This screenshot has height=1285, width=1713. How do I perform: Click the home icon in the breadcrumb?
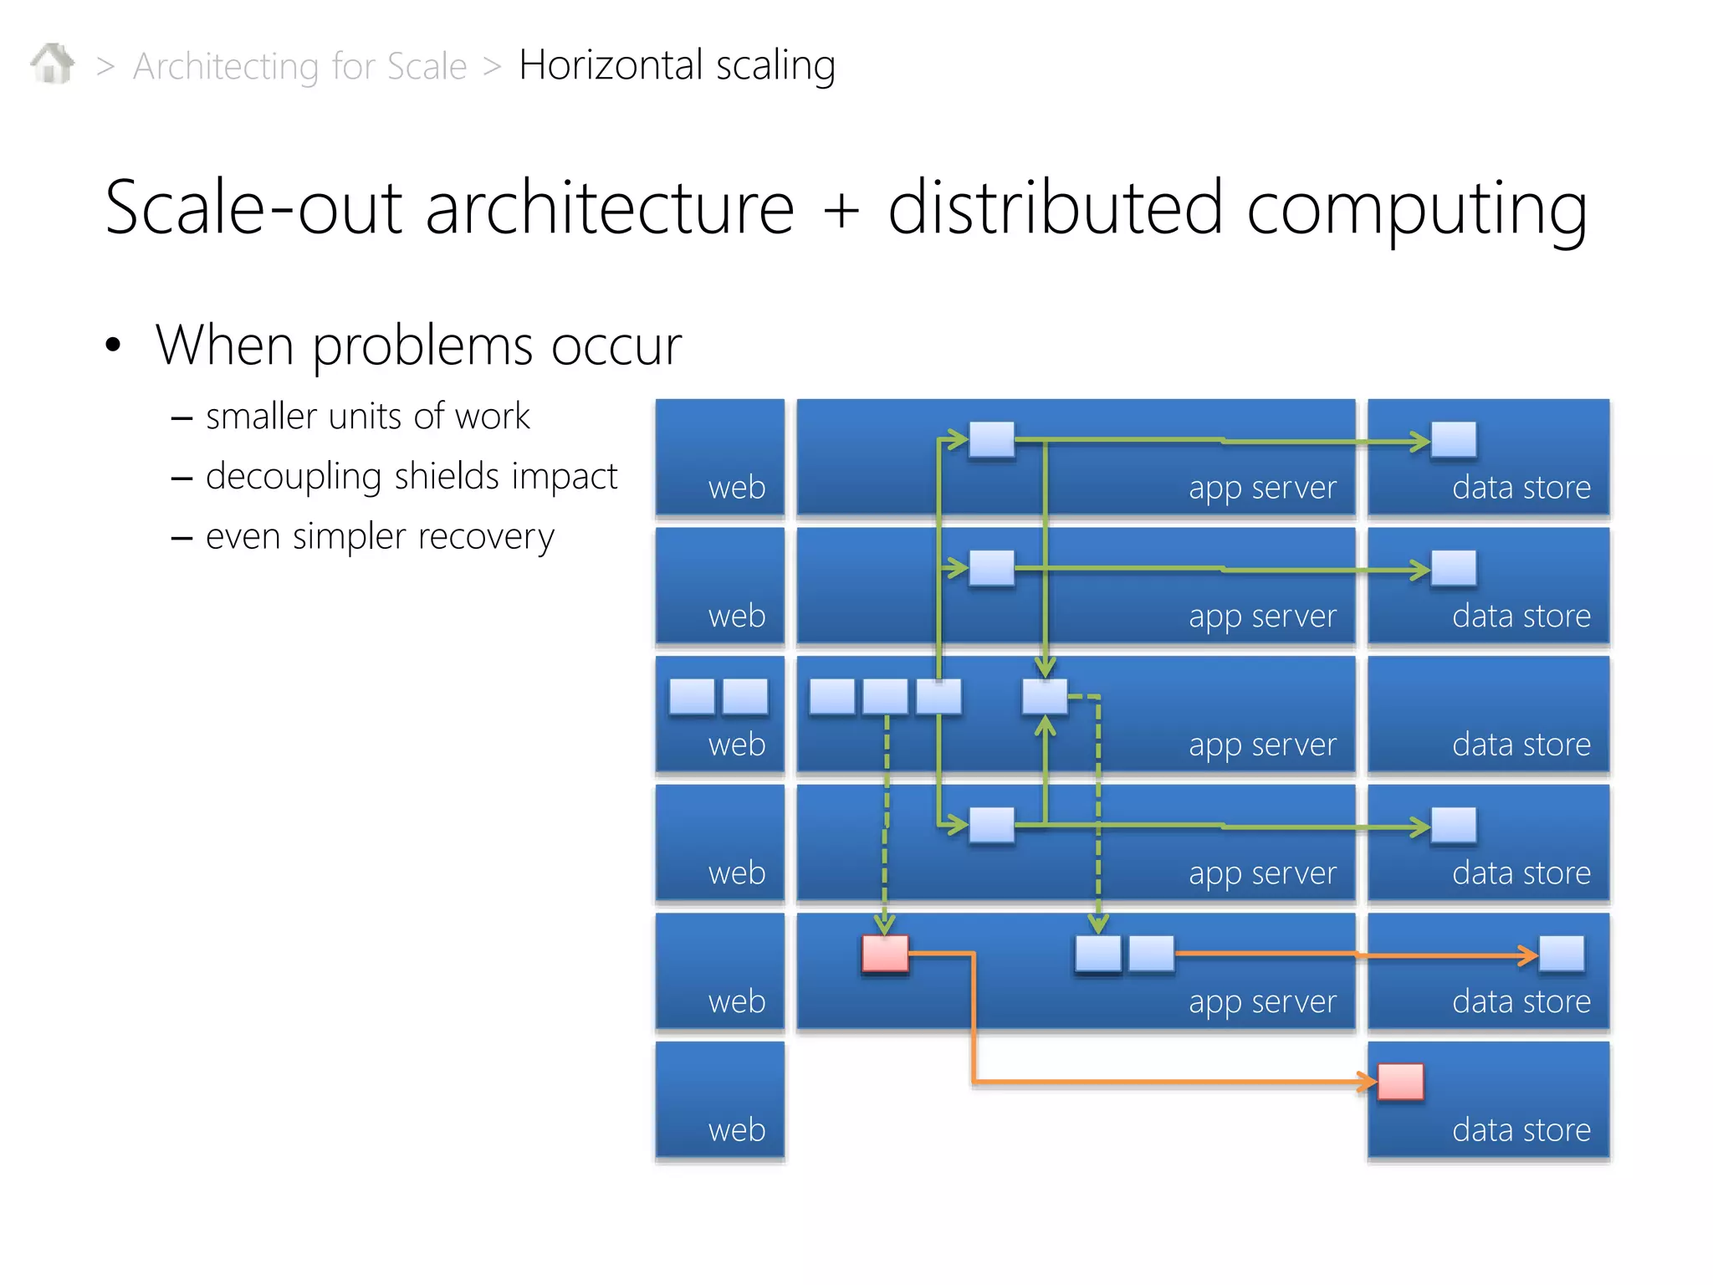[52, 64]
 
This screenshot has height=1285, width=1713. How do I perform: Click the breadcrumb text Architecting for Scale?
[299, 66]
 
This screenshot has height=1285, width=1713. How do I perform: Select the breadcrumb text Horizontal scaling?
[677, 65]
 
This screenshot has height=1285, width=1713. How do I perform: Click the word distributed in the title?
[1056, 207]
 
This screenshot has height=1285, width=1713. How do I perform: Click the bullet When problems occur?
[418, 345]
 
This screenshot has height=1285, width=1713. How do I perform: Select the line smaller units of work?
[367, 416]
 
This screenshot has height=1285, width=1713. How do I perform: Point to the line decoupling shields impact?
[411, 476]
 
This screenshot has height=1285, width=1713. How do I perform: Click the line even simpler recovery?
[380, 536]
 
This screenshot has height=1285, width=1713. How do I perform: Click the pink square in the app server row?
[885, 954]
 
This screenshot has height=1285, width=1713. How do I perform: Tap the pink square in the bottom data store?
[1400, 1082]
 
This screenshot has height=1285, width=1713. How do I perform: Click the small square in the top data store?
[1454, 439]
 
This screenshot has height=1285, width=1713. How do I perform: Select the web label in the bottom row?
[737, 1129]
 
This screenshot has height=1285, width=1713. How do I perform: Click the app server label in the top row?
[1262, 488]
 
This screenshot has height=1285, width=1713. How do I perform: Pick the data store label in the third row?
[1521, 745]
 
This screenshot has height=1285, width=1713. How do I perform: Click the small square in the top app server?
[991, 439]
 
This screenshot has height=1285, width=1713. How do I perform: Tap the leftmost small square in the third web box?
[692, 696]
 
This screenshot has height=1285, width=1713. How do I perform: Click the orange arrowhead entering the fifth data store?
[1529, 955]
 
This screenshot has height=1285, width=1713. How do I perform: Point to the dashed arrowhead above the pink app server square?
[885, 924]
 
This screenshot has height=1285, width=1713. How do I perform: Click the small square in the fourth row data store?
[1454, 825]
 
